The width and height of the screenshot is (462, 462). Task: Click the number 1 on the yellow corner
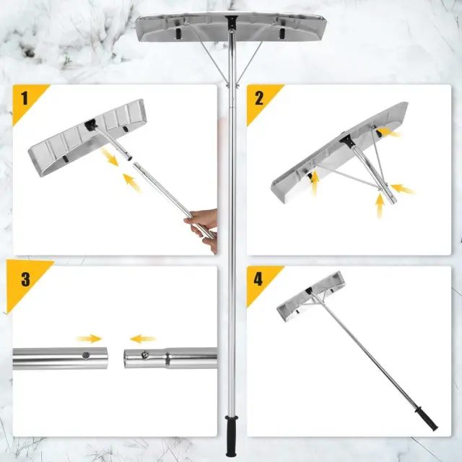pyautogui.click(x=25, y=98)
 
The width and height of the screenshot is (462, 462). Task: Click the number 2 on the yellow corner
pyautogui.click(x=259, y=98)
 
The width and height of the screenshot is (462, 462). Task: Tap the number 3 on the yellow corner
pyautogui.click(x=25, y=279)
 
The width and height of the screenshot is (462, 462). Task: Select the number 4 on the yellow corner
pyautogui.click(x=258, y=279)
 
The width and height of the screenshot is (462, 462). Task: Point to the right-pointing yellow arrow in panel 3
pyautogui.click(x=89, y=339)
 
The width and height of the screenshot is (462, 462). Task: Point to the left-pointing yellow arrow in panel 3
pyautogui.click(x=143, y=339)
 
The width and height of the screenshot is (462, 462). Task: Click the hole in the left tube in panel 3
pyautogui.click(x=86, y=355)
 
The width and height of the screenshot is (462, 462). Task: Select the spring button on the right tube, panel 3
pyautogui.click(x=144, y=355)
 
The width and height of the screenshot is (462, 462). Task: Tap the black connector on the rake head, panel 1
pyautogui.click(x=91, y=125)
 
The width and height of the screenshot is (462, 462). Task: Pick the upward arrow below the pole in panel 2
pyautogui.click(x=380, y=205)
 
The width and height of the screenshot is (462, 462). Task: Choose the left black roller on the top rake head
pyautogui.click(x=178, y=33)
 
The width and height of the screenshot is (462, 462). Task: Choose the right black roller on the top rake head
pyautogui.click(x=282, y=33)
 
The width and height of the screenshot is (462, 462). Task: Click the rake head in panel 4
pyautogui.click(x=311, y=296)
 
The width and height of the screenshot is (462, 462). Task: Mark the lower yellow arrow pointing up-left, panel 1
pyautogui.click(x=132, y=183)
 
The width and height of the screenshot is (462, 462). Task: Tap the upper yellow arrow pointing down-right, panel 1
pyautogui.click(x=109, y=157)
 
